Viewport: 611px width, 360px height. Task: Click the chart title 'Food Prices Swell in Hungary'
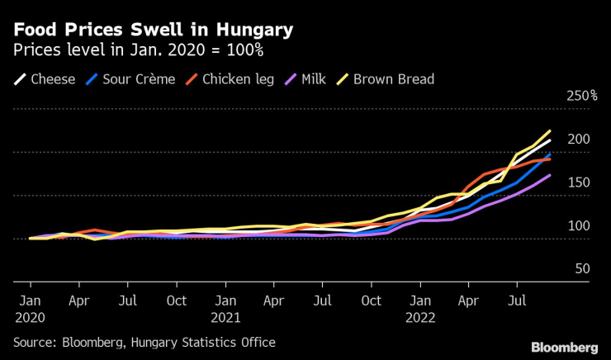click(153, 31)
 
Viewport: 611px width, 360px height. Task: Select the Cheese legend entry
click(45, 79)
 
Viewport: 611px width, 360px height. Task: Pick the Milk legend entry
click(305, 79)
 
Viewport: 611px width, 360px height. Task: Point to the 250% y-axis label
click(581, 96)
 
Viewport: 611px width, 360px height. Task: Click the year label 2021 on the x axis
click(225, 316)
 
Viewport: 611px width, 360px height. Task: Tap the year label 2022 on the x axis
click(421, 316)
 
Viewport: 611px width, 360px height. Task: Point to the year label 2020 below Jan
click(31, 316)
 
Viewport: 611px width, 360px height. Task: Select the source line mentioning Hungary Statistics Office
click(144, 342)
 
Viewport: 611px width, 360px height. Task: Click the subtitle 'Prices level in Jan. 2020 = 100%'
click(136, 51)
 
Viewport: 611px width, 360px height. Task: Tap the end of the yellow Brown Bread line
click(550, 130)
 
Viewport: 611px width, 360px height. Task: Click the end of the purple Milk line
click(550, 175)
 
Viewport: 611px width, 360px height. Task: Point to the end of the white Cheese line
click(550, 140)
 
